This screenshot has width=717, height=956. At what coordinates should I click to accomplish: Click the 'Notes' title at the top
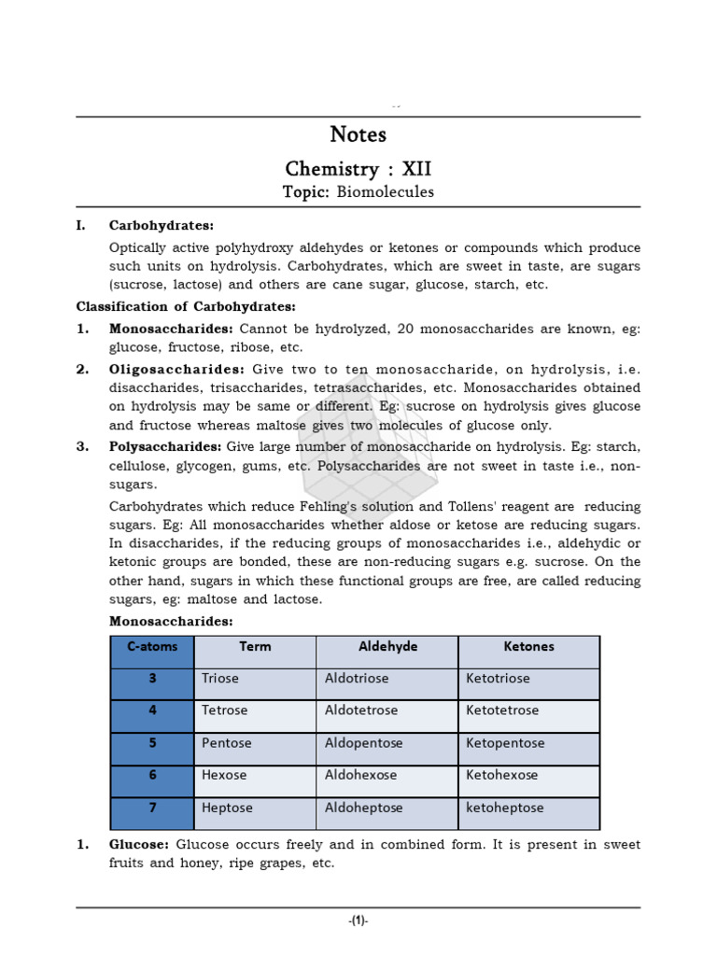pos(358,134)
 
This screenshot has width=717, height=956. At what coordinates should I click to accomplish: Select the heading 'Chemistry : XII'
pos(358,169)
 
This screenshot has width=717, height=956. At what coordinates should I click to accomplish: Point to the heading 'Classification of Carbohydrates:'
pos(186,306)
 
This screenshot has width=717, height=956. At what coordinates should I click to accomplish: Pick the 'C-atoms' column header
pos(152,646)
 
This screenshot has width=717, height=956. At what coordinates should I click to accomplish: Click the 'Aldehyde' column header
pos(387,646)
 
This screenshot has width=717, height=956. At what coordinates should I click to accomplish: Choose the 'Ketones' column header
pos(528,646)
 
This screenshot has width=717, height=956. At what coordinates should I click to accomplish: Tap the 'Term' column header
pos(255,646)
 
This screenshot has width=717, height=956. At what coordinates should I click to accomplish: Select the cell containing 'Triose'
pos(220,679)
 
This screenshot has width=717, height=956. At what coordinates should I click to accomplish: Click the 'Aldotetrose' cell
pos(360,710)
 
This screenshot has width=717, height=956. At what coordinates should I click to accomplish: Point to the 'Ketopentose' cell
pos(505,743)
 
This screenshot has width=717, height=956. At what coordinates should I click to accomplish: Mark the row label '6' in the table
pos(152,775)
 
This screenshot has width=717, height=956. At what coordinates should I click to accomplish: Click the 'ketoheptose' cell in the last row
pos(504,808)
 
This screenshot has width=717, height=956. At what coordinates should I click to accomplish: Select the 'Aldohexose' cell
pos(360,775)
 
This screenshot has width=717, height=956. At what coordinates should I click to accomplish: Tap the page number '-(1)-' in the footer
pos(358,921)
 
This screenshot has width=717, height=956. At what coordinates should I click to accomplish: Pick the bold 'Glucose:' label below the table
pos(139,845)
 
